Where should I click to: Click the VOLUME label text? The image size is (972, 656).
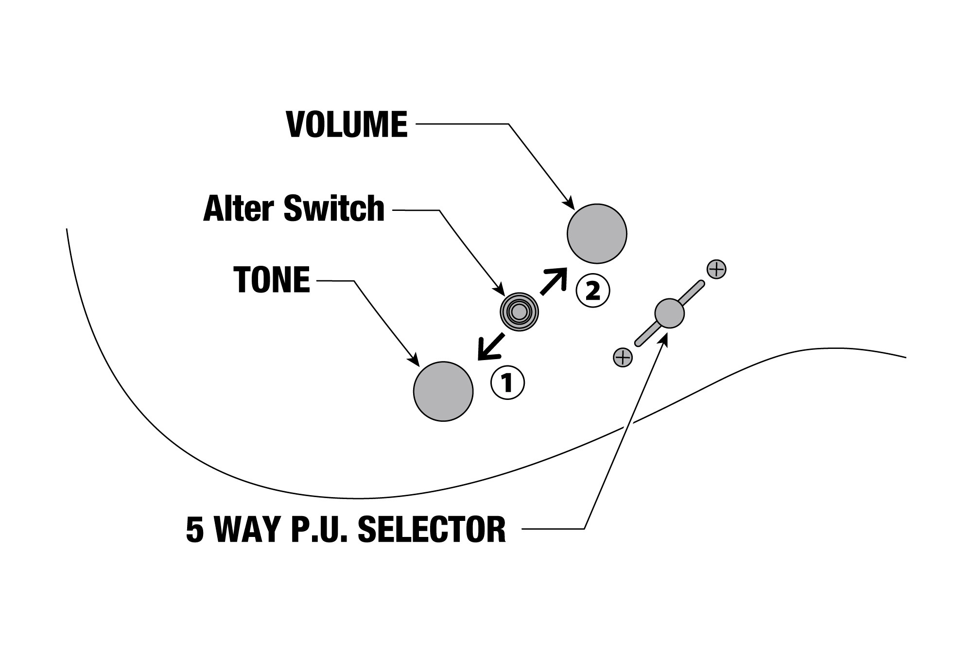click(x=347, y=124)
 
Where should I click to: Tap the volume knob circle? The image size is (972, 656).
click(x=597, y=234)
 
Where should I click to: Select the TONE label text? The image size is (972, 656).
click(x=272, y=280)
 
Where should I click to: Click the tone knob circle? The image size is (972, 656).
click(x=443, y=391)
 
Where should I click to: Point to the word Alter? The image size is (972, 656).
click(x=240, y=209)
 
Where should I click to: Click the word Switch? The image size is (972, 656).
click(x=334, y=209)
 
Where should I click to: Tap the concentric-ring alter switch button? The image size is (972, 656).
click(x=519, y=312)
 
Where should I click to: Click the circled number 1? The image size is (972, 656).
click(x=507, y=383)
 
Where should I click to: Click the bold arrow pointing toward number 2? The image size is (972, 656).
click(x=554, y=281)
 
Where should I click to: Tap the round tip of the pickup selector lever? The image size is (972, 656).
click(x=669, y=313)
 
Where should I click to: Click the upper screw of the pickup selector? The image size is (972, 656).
click(x=716, y=269)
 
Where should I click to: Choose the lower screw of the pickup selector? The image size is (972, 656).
click(x=623, y=358)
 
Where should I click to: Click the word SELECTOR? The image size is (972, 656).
click(x=432, y=529)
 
